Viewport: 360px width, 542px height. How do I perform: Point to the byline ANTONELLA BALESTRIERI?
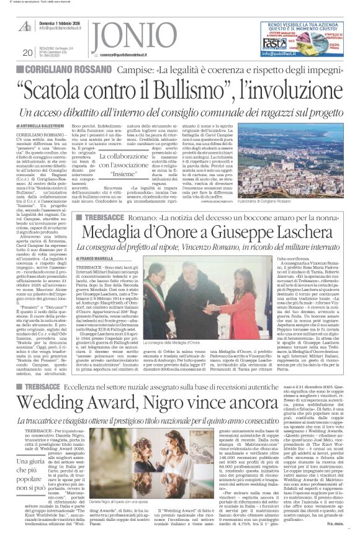pyautogui.click(x=53, y=126)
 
